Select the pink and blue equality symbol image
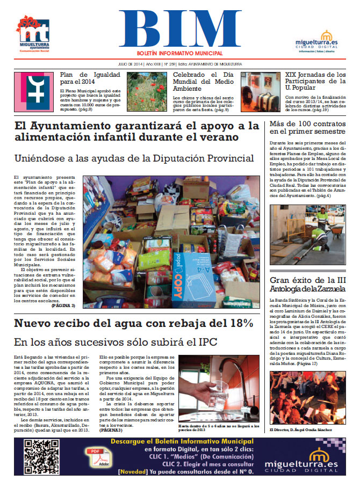click(33, 92)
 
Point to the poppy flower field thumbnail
click(147, 92)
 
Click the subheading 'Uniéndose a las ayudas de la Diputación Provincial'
click(134, 158)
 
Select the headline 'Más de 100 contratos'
click(306, 127)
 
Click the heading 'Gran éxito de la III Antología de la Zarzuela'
click(307, 285)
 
